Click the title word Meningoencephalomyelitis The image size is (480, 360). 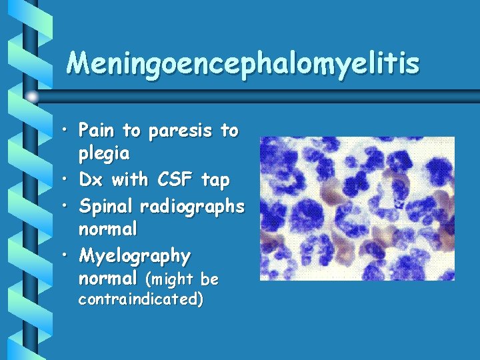click(x=243, y=64)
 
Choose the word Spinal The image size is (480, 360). click(x=106, y=207)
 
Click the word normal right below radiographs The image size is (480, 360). click(x=108, y=229)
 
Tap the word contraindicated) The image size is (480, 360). click(x=141, y=299)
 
